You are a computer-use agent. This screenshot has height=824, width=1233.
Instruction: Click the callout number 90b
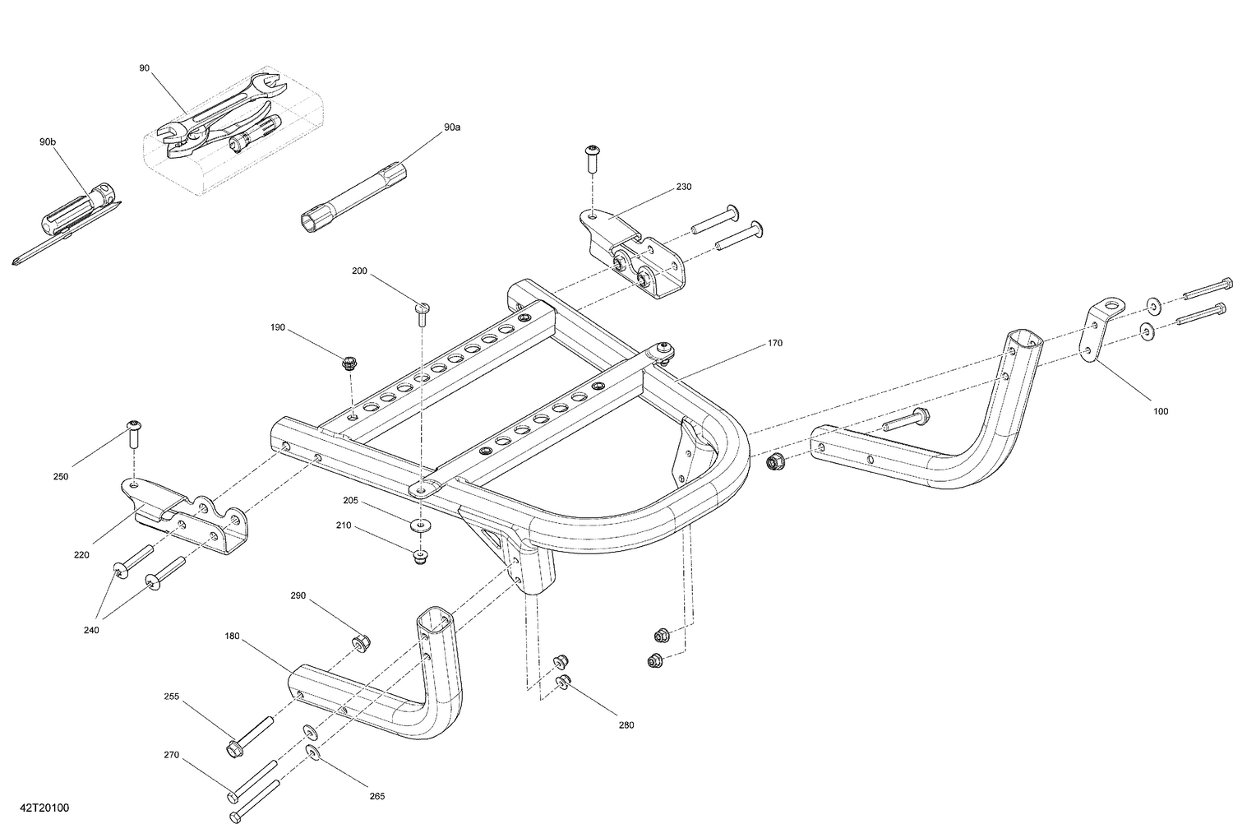pyautogui.click(x=48, y=142)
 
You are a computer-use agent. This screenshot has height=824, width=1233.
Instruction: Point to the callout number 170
pyautogui.click(x=775, y=343)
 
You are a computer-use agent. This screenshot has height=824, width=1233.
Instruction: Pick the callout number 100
pyautogui.click(x=1160, y=411)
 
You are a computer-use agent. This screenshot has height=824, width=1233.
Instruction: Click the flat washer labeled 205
pyautogui.click(x=421, y=524)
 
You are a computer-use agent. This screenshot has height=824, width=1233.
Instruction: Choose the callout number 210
pyautogui.click(x=343, y=525)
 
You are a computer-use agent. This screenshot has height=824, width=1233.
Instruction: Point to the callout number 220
pyautogui.click(x=81, y=555)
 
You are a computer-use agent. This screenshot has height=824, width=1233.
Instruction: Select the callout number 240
pyautogui.click(x=91, y=630)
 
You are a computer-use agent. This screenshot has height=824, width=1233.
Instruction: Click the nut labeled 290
pyautogui.click(x=360, y=642)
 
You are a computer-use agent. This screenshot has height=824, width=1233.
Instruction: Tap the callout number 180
pyautogui.click(x=232, y=636)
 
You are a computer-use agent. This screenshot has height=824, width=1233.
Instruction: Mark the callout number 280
pyautogui.click(x=626, y=725)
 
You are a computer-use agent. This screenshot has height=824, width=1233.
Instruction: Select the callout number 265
pyautogui.click(x=376, y=796)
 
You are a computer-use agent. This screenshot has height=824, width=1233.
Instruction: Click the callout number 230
pyautogui.click(x=684, y=187)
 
